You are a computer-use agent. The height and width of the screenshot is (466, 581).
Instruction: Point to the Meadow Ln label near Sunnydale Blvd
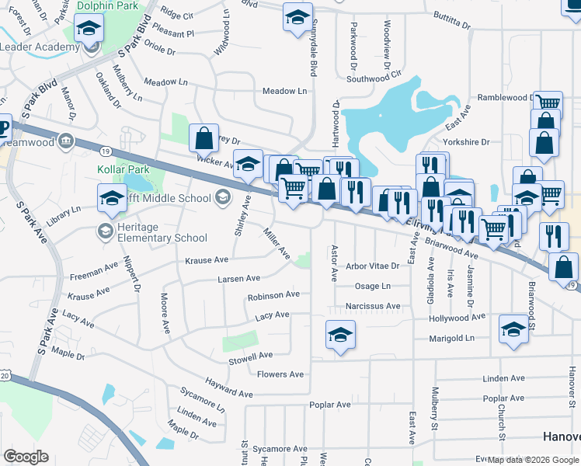[x=284, y=91]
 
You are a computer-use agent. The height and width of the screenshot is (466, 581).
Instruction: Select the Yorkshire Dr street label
[x=466, y=142]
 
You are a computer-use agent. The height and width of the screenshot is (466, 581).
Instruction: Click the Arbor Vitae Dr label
[x=372, y=266]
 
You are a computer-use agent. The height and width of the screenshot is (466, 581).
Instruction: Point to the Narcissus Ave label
[x=373, y=306]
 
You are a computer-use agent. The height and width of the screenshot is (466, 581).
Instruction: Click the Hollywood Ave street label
[x=457, y=317]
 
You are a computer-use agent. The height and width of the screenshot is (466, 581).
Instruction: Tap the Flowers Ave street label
[x=280, y=374]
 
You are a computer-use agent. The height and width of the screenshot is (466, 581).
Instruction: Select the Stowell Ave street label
[x=250, y=356]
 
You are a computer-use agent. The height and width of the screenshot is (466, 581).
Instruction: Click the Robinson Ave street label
[x=273, y=296]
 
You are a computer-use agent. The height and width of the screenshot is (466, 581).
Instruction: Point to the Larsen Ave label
[x=238, y=277]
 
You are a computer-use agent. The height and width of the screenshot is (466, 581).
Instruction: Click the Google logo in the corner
[x=26, y=457]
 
